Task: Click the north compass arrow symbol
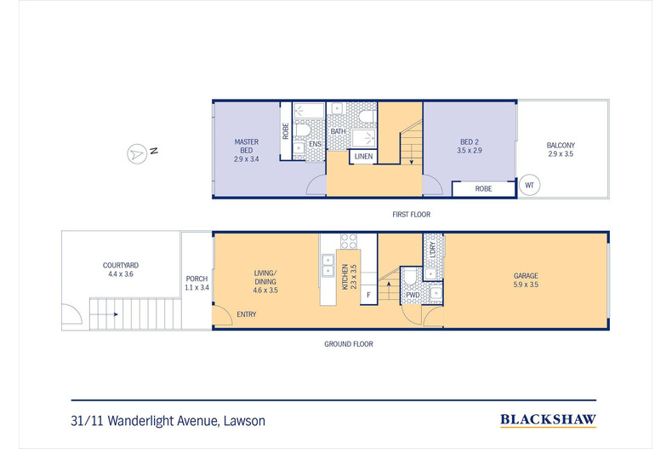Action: click(137, 153)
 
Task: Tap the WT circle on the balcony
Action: click(529, 186)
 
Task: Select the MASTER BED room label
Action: click(247, 150)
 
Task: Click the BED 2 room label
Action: click(470, 146)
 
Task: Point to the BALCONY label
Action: click(561, 149)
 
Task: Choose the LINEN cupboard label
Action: click(363, 156)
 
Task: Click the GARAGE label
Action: click(526, 279)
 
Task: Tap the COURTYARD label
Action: click(121, 269)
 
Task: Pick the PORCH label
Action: click(196, 283)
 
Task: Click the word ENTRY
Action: click(247, 314)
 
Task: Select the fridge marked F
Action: click(368, 295)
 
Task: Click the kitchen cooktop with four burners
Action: click(349, 241)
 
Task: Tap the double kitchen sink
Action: click(327, 265)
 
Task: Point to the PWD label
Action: click(413, 296)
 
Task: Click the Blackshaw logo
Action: click(548, 420)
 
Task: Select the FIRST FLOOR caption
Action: click(412, 214)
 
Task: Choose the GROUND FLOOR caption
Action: click(349, 344)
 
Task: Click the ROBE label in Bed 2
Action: click(483, 189)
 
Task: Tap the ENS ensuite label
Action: click(315, 144)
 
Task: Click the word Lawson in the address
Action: click(244, 421)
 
